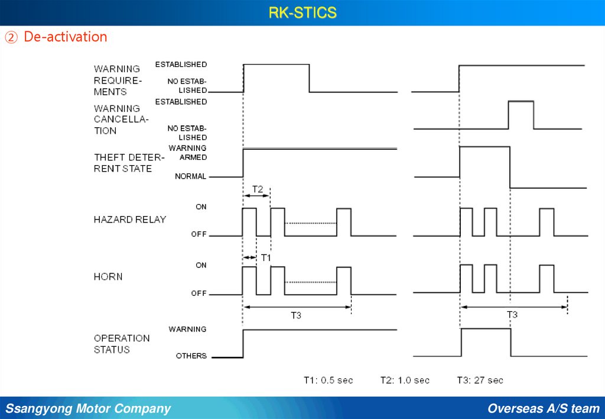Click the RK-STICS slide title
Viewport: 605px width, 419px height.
point(302,12)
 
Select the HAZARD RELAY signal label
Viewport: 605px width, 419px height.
point(130,220)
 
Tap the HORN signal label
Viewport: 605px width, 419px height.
point(108,277)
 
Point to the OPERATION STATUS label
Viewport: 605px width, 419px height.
point(122,344)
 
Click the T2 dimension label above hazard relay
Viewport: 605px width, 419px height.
point(258,189)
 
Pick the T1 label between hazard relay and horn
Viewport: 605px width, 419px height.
point(266,258)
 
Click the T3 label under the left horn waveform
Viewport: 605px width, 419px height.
point(295,315)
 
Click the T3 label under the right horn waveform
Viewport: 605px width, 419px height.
point(512,315)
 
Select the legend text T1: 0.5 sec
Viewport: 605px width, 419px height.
point(328,380)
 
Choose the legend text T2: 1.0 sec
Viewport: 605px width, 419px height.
point(405,380)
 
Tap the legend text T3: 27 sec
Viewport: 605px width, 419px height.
point(480,380)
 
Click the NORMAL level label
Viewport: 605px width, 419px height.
point(190,176)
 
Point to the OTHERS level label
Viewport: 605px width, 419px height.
point(191,356)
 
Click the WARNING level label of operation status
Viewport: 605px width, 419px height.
point(187,329)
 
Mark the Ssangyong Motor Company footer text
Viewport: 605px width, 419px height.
point(88,408)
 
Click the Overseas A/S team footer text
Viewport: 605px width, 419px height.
point(543,408)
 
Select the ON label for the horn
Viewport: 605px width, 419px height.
point(201,265)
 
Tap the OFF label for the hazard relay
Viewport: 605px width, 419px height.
point(199,234)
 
